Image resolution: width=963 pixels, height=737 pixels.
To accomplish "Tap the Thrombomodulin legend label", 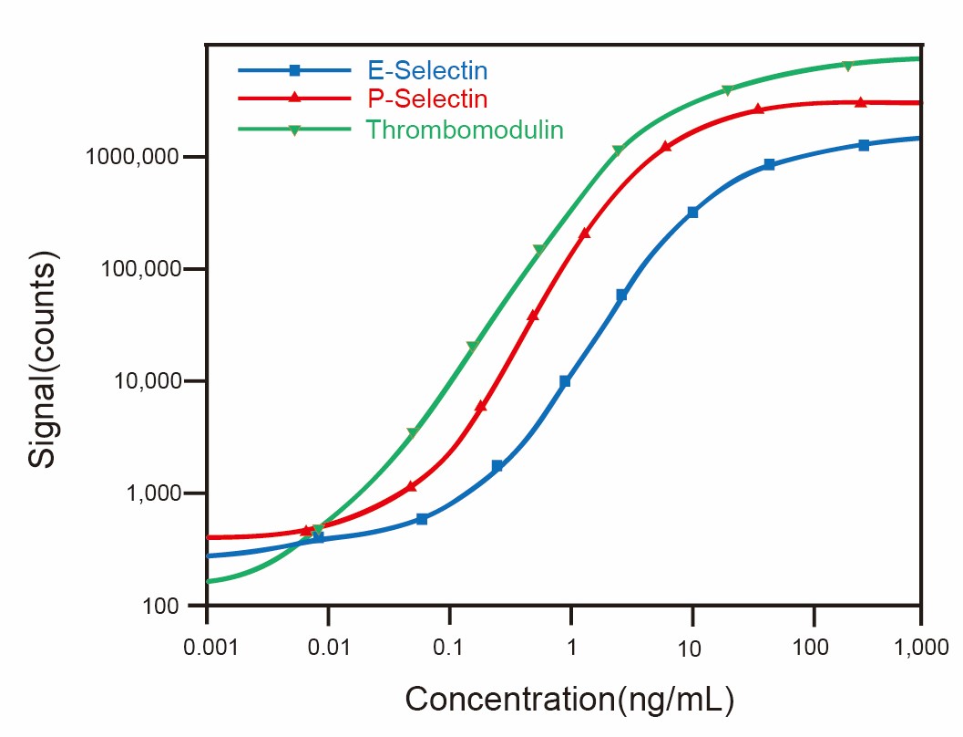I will click(465, 130).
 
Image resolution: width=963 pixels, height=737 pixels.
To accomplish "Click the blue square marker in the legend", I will click(294, 70).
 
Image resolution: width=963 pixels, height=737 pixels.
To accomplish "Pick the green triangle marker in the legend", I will click(294, 130).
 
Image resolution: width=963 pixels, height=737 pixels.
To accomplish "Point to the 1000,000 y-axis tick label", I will click(134, 157).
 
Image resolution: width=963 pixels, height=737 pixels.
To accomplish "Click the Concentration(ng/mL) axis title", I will click(569, 700).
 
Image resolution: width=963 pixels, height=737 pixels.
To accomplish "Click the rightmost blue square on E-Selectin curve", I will click(864, 145).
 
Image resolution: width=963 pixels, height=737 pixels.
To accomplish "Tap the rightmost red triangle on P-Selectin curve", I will click(860, 102).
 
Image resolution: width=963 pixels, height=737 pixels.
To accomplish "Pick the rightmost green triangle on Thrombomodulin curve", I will click(847, 66).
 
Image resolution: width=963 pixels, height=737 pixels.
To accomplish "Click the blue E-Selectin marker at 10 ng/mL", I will click(692, 213).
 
